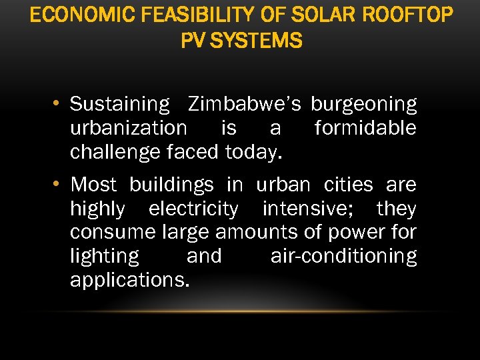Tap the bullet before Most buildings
pyautogui.click(x=59, y=184)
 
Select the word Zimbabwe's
pyautogui.click(x=245, y=104)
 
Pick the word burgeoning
pyautogui.click(x=364, y=105)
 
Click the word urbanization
pyautogui.click(x=129, y=127)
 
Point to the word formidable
pyautogui.click(x=365, y=127)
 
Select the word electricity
pyautogui.click(x=193, y=209)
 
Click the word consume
pyautogui.click(x=113, y=233)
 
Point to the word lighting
pyautogui.click(x=105, y=257)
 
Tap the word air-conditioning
pyautogui.click(x=343, y=257)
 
